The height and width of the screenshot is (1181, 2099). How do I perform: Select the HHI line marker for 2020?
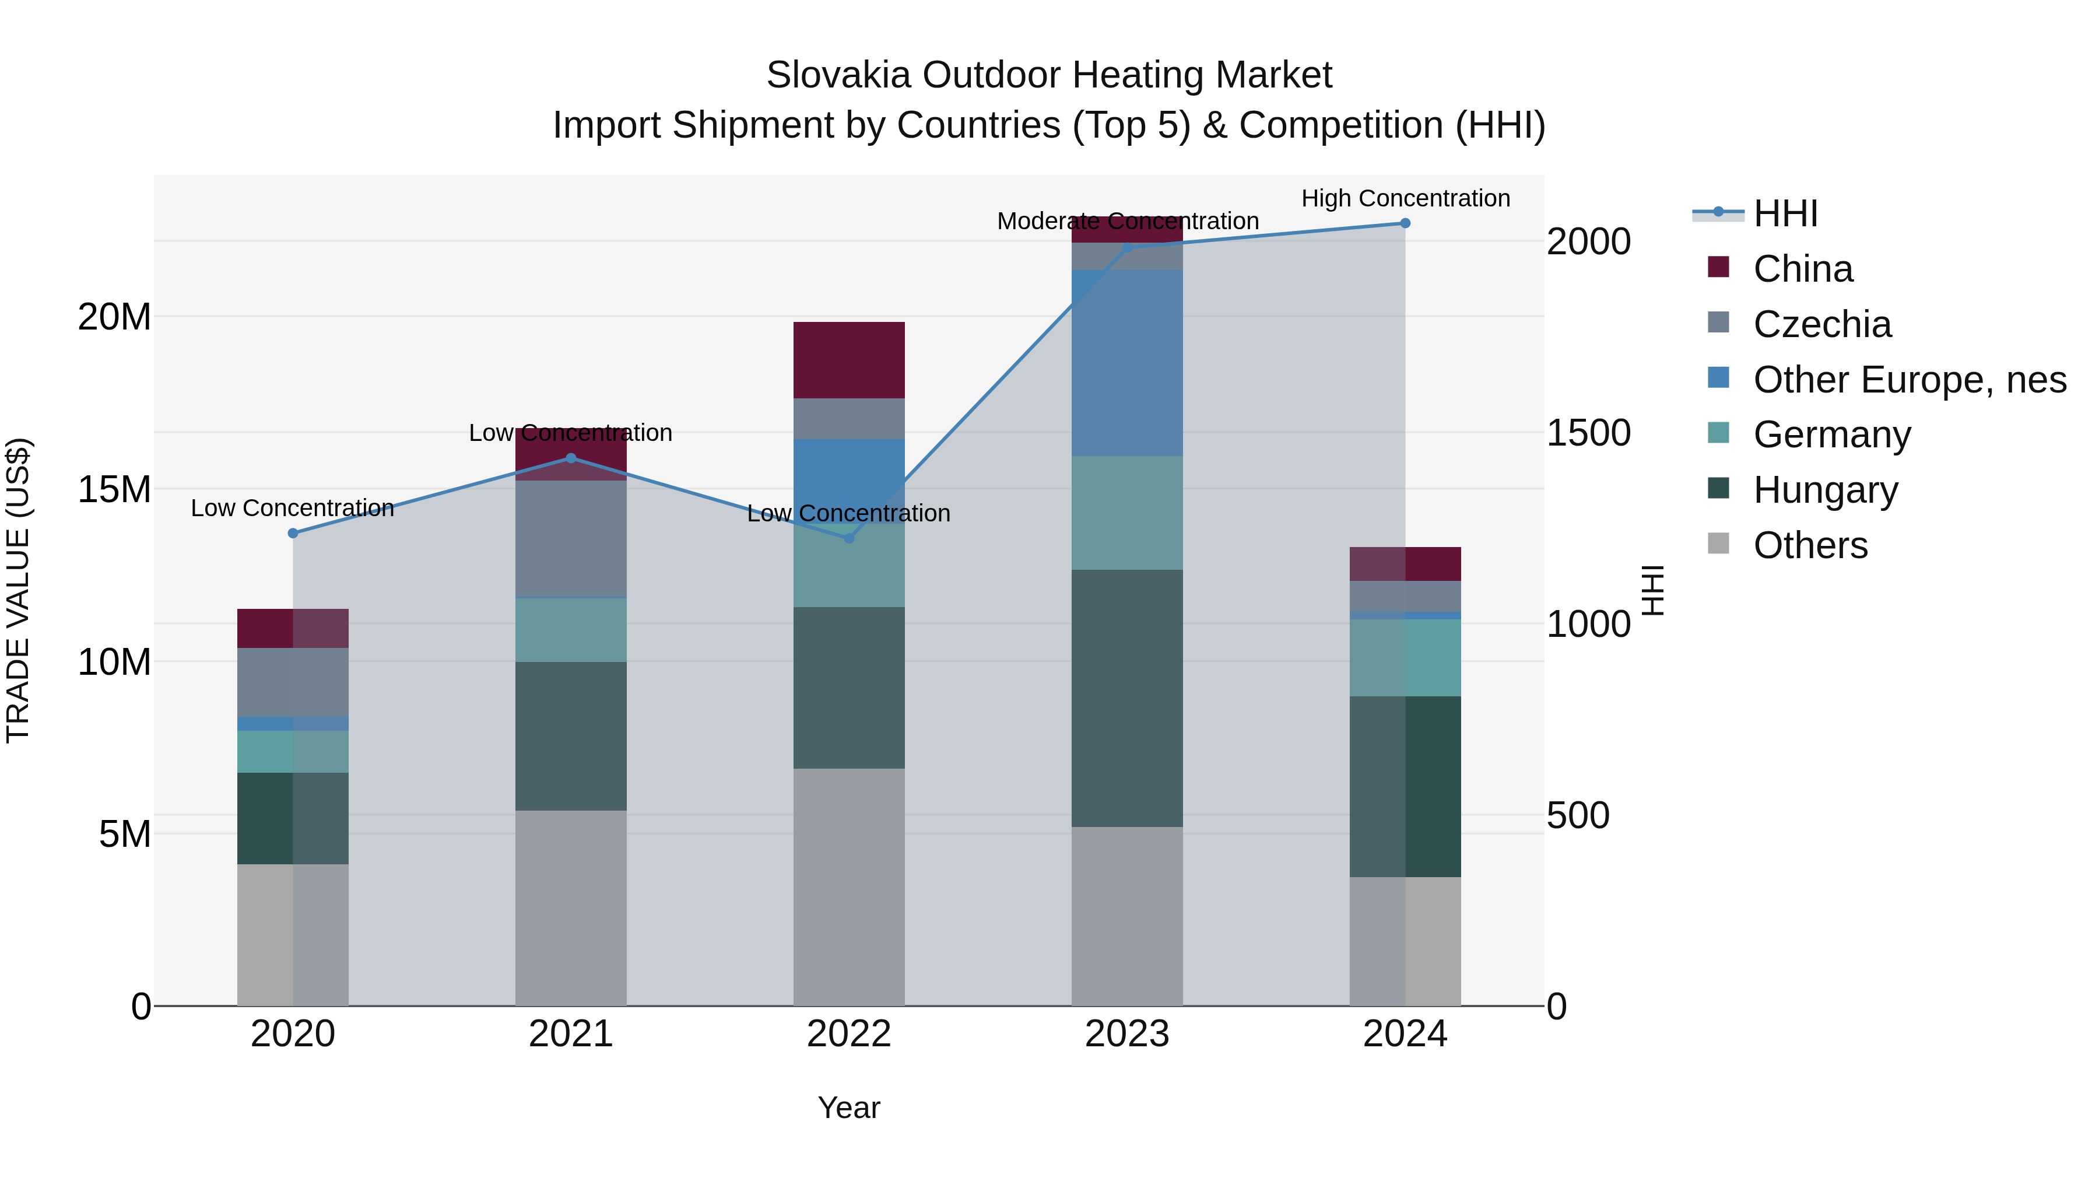pyautogui.click(x=293, y=533)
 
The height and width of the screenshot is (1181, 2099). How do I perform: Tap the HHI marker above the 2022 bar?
pyautogui.click(x=848, y=538)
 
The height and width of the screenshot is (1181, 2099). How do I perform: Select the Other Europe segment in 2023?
pyautogui.click(x=1127, y=363)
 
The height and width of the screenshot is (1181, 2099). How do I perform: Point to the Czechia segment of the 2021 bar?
pyautogui.click(x=570, y=539)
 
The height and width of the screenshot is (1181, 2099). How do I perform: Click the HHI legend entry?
pyautogui.click(x=1785, y=213)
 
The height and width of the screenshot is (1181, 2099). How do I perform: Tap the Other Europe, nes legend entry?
pyautogui.click(x=1909, y=380)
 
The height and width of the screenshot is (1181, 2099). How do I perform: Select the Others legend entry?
pyautogui.click(x=1810, y=545)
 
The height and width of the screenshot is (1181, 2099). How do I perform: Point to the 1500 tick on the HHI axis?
pyautogui.click(x=1588, y=433)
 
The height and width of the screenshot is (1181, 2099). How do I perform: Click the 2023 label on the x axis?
pyautogui.click(x=1127, y=1034)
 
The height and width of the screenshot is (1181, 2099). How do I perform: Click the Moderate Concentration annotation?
pyautogui.click(x=1127, y=221)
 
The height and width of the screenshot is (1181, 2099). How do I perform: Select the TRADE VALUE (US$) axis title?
pyautogui.click(x=18, y=590)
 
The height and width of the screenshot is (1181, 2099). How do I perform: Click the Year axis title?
pyautogui.click(x=848, y=1108)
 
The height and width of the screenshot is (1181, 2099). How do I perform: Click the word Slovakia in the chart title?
pyautogui.click(x=838, y=75)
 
